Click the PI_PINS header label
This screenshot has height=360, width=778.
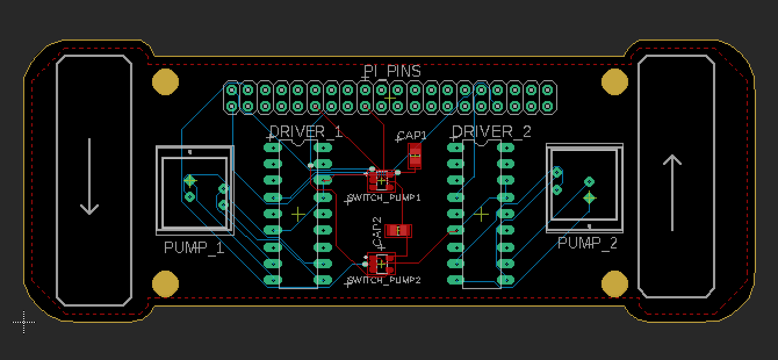point(392,71)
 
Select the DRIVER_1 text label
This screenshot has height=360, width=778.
point(307,132)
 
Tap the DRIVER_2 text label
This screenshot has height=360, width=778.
point(491,132)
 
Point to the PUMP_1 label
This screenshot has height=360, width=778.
point(194,248)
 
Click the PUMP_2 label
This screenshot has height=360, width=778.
point(588,243)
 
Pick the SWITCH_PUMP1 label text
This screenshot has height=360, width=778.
point(384,198)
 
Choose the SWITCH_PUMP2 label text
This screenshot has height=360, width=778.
point(384,280)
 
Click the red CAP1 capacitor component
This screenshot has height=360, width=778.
point(415,156)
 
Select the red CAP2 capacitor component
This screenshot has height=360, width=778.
point(399,231)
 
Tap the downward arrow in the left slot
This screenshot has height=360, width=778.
point(89,177)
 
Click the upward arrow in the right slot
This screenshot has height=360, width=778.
point(672,192)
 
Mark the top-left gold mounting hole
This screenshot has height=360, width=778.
point(165,81)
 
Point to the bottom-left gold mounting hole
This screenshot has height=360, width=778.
point(165,283)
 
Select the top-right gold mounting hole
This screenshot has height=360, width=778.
point(614,81)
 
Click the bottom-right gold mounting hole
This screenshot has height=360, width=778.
point(614,283)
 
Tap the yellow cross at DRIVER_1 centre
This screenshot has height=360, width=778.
point(298,214)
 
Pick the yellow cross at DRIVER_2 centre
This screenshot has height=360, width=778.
point(481,214)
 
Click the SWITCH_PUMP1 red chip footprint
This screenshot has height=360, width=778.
point(381,181)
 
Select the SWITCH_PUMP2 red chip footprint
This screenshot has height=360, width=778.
point(381,264)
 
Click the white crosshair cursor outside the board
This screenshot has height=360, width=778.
point(23,322)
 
